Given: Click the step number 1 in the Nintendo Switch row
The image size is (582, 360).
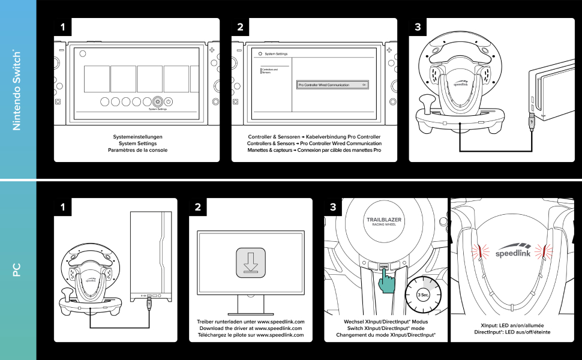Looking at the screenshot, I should click(63, 28).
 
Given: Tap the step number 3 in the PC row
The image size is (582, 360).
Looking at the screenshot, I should click(333, 208).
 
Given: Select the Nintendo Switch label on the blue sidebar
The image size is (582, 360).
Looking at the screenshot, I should click(17, 90).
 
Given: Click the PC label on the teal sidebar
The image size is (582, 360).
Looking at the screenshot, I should click(17, 270).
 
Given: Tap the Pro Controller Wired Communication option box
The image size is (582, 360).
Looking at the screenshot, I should click(332, 85).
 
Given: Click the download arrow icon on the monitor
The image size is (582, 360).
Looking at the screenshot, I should click(255, 262).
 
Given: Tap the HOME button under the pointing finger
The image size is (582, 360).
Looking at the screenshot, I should click(383, 266).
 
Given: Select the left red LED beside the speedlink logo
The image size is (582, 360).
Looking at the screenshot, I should click(480, 251).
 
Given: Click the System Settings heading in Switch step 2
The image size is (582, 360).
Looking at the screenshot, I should click(277, 54).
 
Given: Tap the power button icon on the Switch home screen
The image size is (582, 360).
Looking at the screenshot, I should click(169, 102).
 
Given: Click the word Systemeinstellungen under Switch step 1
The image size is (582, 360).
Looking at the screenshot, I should click(138, 137).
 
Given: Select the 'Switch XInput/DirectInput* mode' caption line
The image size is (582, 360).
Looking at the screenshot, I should click(385, 328).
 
